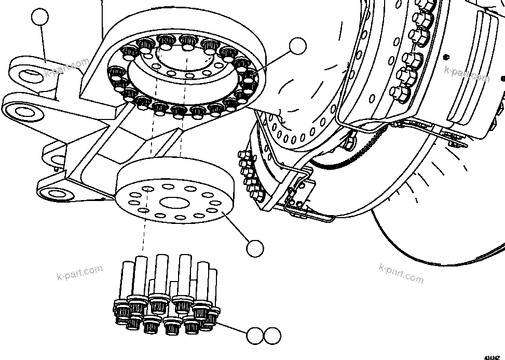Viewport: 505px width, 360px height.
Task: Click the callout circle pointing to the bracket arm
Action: click(x=39, y=18)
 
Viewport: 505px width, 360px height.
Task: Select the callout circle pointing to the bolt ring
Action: click(x=297, y=46)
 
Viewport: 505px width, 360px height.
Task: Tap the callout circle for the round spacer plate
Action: click(x=255, y=248)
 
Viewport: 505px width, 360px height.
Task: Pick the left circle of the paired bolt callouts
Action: click(x=255, y=336)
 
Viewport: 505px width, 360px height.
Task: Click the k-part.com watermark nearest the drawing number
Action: click(x=401, y=273)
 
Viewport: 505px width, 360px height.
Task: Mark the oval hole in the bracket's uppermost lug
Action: click(x=30, y=75)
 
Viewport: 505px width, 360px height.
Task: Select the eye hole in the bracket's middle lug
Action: click(x=22, y=111)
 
